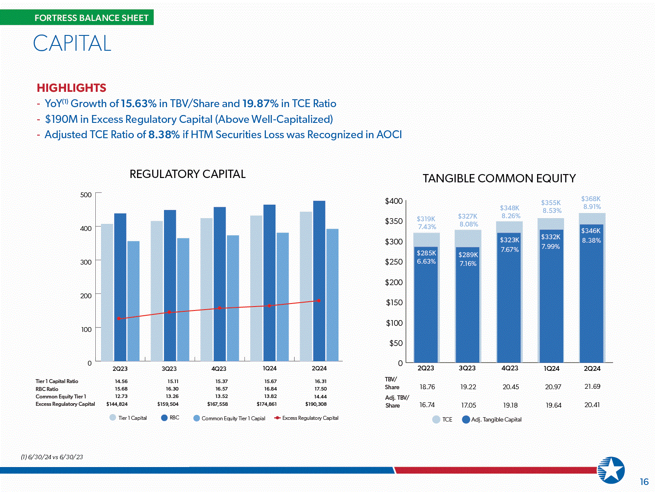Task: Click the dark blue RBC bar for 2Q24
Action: click(319, 280)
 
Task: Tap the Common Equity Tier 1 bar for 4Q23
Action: click(233, 297)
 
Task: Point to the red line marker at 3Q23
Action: click(169, 312)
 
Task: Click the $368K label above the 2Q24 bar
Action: click(591, 199)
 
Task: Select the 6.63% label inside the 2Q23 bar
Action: click(426, 262)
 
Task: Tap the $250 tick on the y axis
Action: click(394, 262)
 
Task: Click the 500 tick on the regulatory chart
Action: click(86, 195)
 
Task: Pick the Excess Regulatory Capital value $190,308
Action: click(316, 404)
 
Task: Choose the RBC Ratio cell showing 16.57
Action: click(221, 389)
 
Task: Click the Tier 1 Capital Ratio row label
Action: click(57, 381)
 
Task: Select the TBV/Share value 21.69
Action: click(592, 387)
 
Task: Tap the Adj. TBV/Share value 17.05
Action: click(468, 405)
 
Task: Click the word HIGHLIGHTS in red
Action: click(71, 88)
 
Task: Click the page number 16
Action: click(644, 482)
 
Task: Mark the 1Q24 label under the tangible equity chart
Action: click(551, 369)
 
